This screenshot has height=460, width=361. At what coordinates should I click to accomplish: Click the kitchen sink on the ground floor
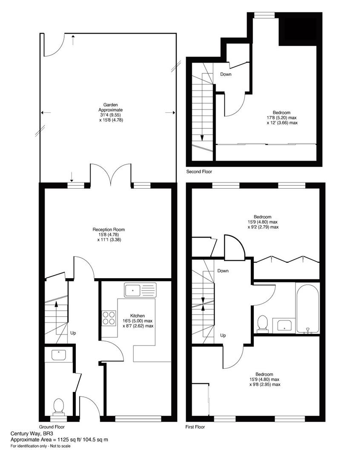click(x=140, y=290)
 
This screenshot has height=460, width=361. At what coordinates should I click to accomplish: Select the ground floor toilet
click(x=59, y=407)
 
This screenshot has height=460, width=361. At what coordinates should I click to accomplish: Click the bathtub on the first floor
click(x=308, y=309)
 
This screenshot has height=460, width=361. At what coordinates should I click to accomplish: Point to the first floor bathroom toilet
click(x=263, y=324)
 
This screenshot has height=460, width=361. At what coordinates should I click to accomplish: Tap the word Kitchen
click(x=138, y=316)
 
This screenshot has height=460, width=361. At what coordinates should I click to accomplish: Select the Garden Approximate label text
click(x=111, y=107)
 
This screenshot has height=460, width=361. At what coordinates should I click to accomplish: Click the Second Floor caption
click(x=199, y=172)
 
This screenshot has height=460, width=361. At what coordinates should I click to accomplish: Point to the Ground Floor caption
click(x=52, y=427)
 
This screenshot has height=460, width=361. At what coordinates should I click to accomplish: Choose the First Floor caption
click(x=195, y=427)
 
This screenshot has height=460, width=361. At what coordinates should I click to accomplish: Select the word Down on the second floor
click(x=226, y=74)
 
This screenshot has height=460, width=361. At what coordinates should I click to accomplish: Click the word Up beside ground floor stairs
click(x=73, y=333)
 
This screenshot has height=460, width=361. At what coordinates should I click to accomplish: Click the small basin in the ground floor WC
click(x=59, y=355)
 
